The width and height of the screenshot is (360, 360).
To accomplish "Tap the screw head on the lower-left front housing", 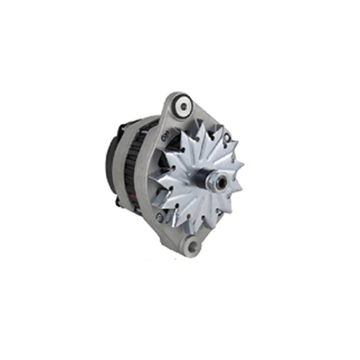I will point(160,217).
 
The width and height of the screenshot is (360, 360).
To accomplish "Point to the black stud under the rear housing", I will point(118,201).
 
